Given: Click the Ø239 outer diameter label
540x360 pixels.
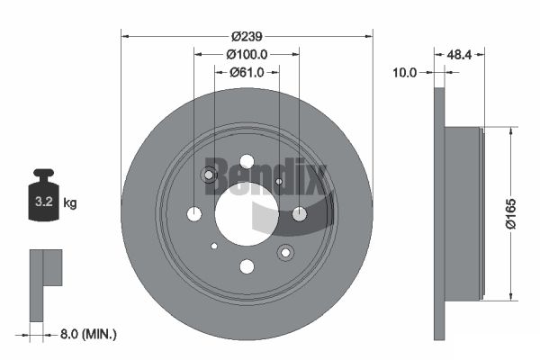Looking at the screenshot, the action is [x=247, y=36].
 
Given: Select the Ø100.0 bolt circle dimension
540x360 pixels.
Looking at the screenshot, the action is [x=247, y=54].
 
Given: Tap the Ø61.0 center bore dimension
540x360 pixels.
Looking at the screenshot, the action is [x=247, y=72].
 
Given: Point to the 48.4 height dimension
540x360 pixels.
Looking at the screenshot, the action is [x=459, y=54].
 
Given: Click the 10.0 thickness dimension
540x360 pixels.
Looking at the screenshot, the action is [x=405, y=73].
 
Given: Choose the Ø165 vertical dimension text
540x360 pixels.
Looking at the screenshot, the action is [x=510, y=213].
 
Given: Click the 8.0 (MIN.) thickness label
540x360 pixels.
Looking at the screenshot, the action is [x=88, y=334].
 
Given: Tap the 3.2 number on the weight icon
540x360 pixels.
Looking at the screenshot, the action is [x=44, y=202].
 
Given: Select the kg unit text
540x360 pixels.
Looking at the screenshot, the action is [x=70, y=202].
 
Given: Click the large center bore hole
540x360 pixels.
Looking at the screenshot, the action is [x=247, y=214].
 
